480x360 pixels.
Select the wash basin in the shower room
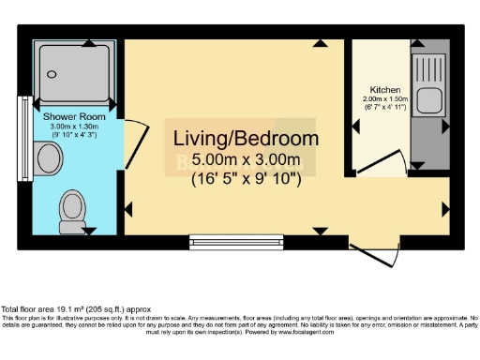[x=49, y=157]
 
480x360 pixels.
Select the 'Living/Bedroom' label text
[x=246, y=139]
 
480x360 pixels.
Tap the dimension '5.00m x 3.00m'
[x=246, y=158]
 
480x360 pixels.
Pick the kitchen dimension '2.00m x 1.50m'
[x=386, y=99]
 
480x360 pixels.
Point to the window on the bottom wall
[x=223, y=242]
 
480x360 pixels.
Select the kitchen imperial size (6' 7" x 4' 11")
[x=386, y=108]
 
